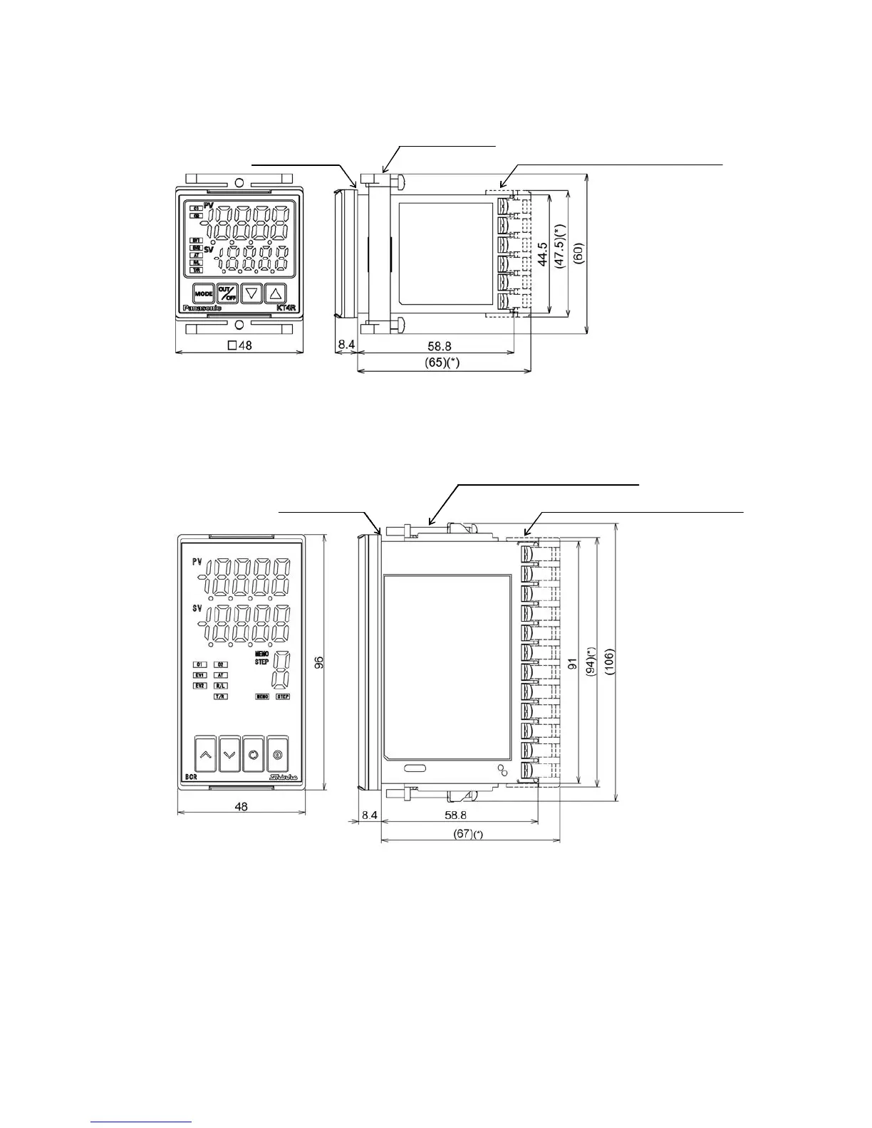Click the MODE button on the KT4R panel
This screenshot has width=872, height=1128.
204,293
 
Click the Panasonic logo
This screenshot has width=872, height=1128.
203,308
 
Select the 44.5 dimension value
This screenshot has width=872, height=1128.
544,253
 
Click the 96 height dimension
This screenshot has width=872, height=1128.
319,662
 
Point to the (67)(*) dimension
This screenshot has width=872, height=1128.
468,834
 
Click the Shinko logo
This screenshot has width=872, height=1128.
283,777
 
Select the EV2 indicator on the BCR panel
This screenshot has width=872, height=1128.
200,685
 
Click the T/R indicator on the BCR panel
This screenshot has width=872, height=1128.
221,696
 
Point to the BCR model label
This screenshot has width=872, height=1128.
191,778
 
